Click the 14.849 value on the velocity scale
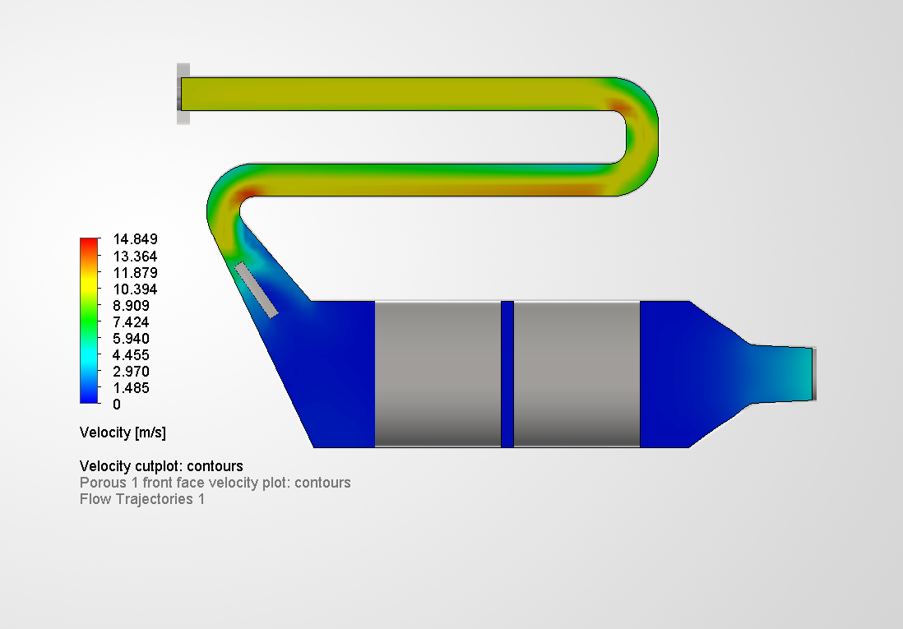(136, 239)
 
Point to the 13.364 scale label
(136, 256)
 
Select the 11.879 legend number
(136, 272)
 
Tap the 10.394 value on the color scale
(136, 289)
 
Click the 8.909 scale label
(132, 305)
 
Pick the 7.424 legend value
(132, 322)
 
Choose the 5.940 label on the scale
(132, 338)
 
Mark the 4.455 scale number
(132, 355)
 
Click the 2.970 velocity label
(132, 371)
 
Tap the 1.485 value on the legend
(132, 387)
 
